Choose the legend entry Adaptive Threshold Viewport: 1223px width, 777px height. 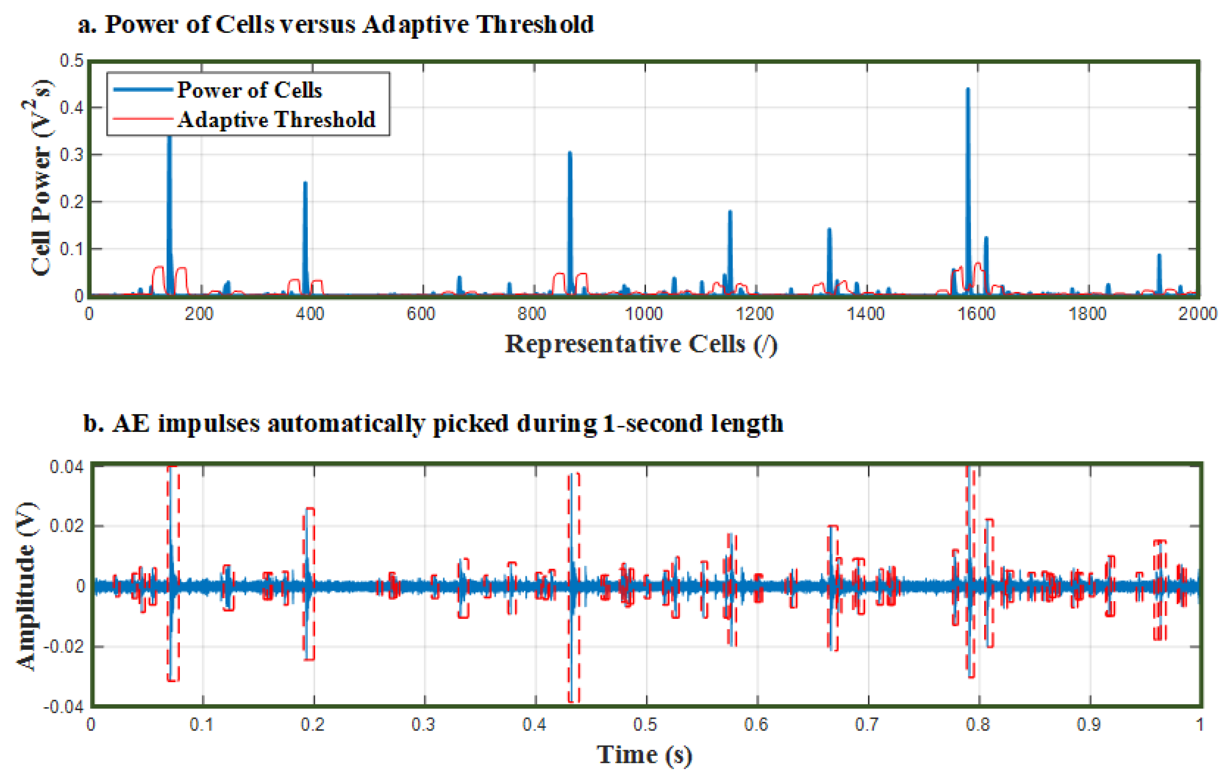276,120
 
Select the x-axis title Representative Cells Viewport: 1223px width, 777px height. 641,344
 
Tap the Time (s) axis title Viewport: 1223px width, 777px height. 643,754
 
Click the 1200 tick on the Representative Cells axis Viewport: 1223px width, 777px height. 755,314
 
